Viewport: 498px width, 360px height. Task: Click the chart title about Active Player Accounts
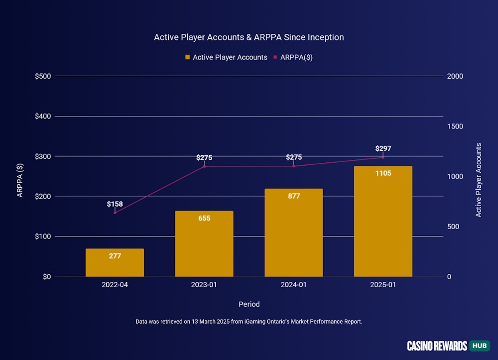coord(249,37)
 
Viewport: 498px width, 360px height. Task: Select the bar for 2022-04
coord(115,262)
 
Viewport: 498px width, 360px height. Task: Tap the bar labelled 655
coord(204,243)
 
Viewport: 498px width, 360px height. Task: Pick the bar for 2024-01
coord(293,233)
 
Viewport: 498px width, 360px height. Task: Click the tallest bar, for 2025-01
coord(383,221)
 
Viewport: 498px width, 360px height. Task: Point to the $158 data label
coord(115,204)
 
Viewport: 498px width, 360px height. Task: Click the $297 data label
coord(383,148)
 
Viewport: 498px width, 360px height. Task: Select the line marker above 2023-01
coord(204,166)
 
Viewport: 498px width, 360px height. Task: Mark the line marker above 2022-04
coord(115,213)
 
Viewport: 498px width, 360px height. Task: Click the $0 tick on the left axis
coord(46,276)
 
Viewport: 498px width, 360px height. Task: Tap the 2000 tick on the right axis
coord(455,76)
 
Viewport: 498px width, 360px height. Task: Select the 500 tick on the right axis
coord(453,227)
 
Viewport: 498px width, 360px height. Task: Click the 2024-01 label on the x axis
coord(293,285)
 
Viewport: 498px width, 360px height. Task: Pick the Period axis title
coord(249,304)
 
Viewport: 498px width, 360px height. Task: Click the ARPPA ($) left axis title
coord(20,180)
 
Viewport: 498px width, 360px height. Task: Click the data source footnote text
coord(249,322)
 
